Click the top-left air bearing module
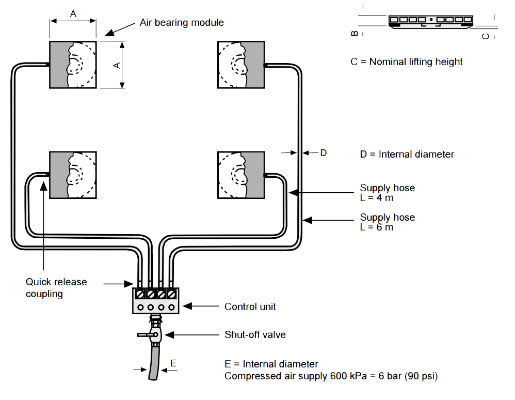point(73,65)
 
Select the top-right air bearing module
point(241,65)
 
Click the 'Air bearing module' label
point(182,23)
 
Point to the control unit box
point(155,300)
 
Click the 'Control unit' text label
point(250,306)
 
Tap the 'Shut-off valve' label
point(255,335)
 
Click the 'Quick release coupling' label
point(56,288)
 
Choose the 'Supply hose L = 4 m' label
point(387,193)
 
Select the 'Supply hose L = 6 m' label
point(387,222)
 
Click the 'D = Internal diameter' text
point(407,154)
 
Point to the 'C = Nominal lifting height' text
point(406,62)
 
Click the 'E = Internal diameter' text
point(271,364)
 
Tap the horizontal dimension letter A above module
point(73,14)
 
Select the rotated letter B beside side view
point(354,33)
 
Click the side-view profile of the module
point(430,21)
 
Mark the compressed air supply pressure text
point(331,376)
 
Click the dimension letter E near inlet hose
point(173,363)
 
